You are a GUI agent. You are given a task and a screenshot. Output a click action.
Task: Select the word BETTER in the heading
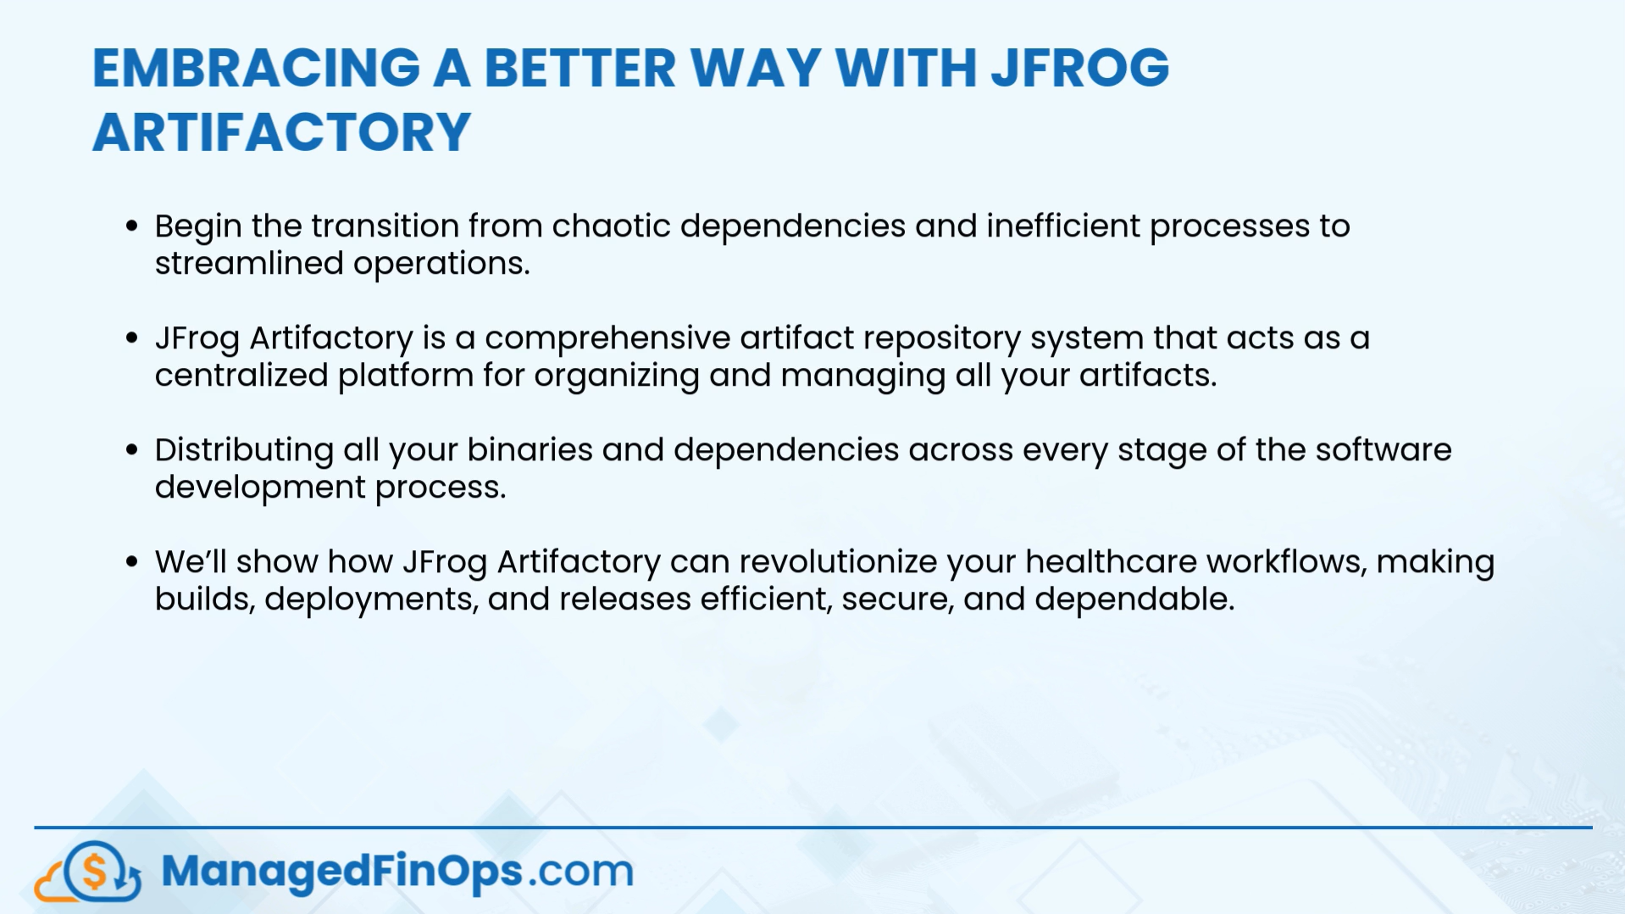pos(580,68)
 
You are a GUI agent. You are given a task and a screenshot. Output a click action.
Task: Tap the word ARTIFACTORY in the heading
pos(281,132)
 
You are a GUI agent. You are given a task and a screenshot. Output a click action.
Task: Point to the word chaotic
pos(611,226)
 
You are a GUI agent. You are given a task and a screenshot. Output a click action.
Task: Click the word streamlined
pos(249,264)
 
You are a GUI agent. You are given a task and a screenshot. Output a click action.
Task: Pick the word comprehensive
pos(607,338)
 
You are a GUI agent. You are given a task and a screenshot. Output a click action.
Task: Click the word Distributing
pos(244,450)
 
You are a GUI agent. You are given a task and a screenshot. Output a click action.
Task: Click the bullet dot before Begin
pos(131,226)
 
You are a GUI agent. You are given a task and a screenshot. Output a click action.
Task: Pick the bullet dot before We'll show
pos(131,561)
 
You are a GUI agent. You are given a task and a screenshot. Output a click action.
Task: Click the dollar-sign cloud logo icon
pos(89,871)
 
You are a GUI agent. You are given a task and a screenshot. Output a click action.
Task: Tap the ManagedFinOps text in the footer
pos(341,872)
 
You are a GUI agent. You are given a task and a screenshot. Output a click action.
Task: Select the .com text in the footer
pos(581,872)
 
